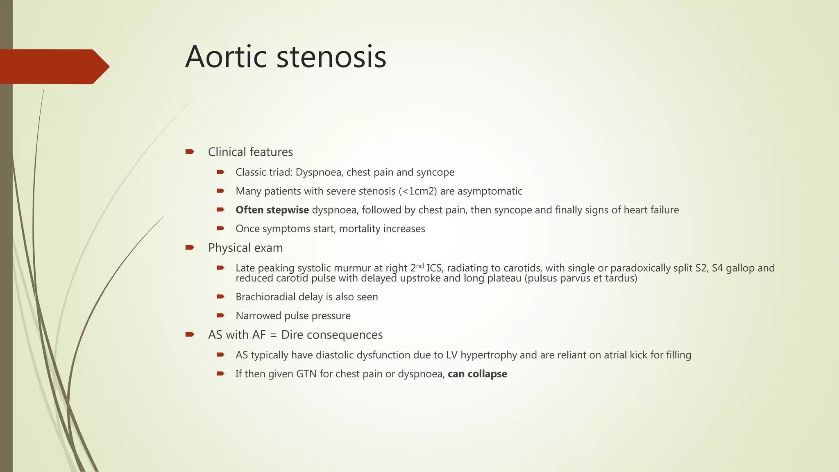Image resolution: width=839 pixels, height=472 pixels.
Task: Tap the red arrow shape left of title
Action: [53, 66]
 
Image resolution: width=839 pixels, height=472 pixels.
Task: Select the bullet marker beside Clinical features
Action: [189, 152]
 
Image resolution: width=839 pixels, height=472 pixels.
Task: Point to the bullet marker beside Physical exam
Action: [189, 247]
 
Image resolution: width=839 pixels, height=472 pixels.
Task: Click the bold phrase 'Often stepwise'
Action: [272, 210]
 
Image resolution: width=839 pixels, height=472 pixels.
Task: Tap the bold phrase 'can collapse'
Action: [477, 374]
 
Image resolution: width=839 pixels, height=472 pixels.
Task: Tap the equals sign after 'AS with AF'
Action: [273, 335]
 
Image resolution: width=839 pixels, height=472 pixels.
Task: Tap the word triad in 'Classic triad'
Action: [280, 172]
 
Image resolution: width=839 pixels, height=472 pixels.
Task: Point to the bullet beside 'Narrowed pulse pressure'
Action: [220, 315]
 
